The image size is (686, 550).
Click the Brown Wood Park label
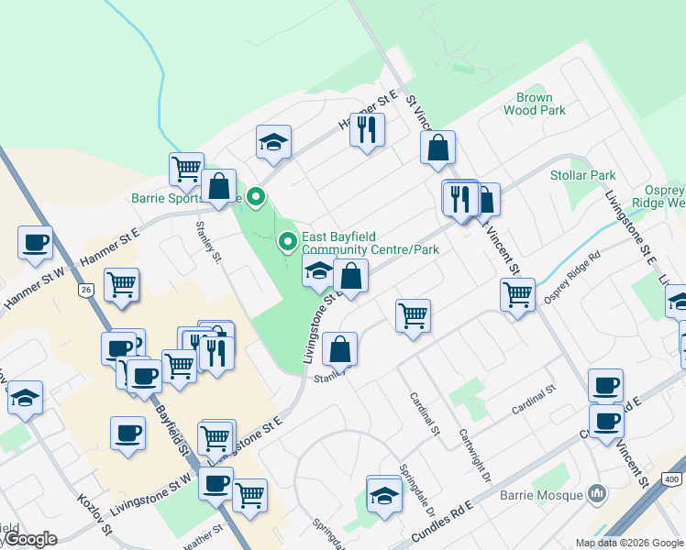pyautogui.click(x=535, y=104)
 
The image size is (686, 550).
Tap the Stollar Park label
pyautogui.click(x=582, y=175)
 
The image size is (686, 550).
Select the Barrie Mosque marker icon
pyautogui.click(x=597, y=495)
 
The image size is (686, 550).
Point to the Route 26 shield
pyautogui.click(x=86, y=290)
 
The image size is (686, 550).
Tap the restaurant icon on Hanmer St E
pyautogui.click(x=367, y=128)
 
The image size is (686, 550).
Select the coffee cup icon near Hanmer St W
pyautogui.click(x=35, y=243)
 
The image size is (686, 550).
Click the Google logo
pyautogui.click(x=29, y=539)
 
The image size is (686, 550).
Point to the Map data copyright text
pyautogui.click(x=628, y=543)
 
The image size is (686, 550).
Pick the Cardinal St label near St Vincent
pyautogui.click(x=535, y=401)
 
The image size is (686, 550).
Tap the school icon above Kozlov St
pyautogui.click(x=25, y=398)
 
